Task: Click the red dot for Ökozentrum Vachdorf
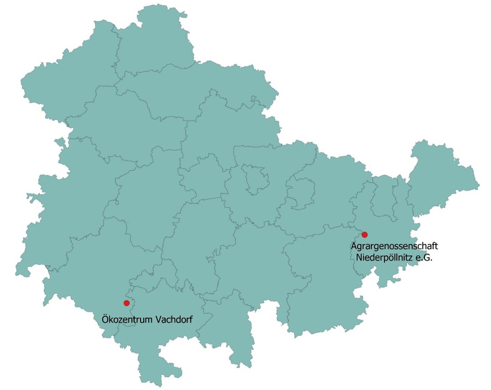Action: point(126,303)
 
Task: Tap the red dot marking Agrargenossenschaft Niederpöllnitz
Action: point(364,235)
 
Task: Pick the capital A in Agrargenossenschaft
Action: point(354,247)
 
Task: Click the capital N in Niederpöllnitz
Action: point(359,258)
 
